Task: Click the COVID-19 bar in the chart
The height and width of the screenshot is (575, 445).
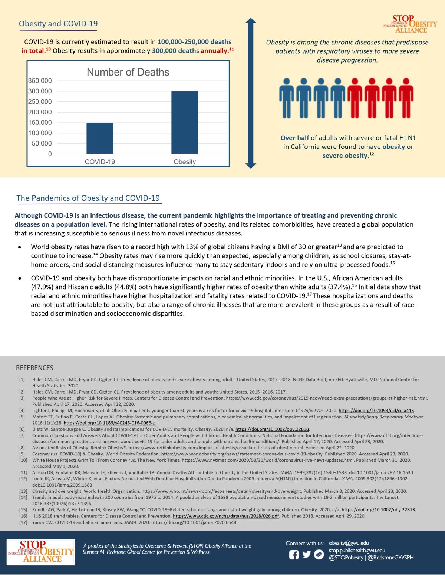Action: tap(100, 138)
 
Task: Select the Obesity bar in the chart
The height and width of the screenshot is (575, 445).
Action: tap(184, 122)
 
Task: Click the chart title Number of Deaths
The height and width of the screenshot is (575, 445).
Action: tap(128, 72)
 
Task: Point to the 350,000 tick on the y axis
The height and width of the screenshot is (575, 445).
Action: tap(40, 81)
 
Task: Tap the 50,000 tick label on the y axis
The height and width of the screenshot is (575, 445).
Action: tap(42, 143)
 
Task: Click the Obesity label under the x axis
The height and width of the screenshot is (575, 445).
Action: tap(184, 162)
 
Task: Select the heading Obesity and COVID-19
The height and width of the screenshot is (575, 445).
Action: tap(58, 24)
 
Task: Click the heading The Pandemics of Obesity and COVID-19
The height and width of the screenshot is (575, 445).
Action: tap(88, 198)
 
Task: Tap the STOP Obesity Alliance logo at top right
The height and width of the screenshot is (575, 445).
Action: tap(410, 24)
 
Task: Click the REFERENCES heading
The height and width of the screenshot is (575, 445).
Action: tap(34, 368)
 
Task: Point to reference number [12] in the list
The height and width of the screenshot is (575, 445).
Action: tap(22, 479)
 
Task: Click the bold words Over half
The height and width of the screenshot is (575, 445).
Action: tap(295, 138)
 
